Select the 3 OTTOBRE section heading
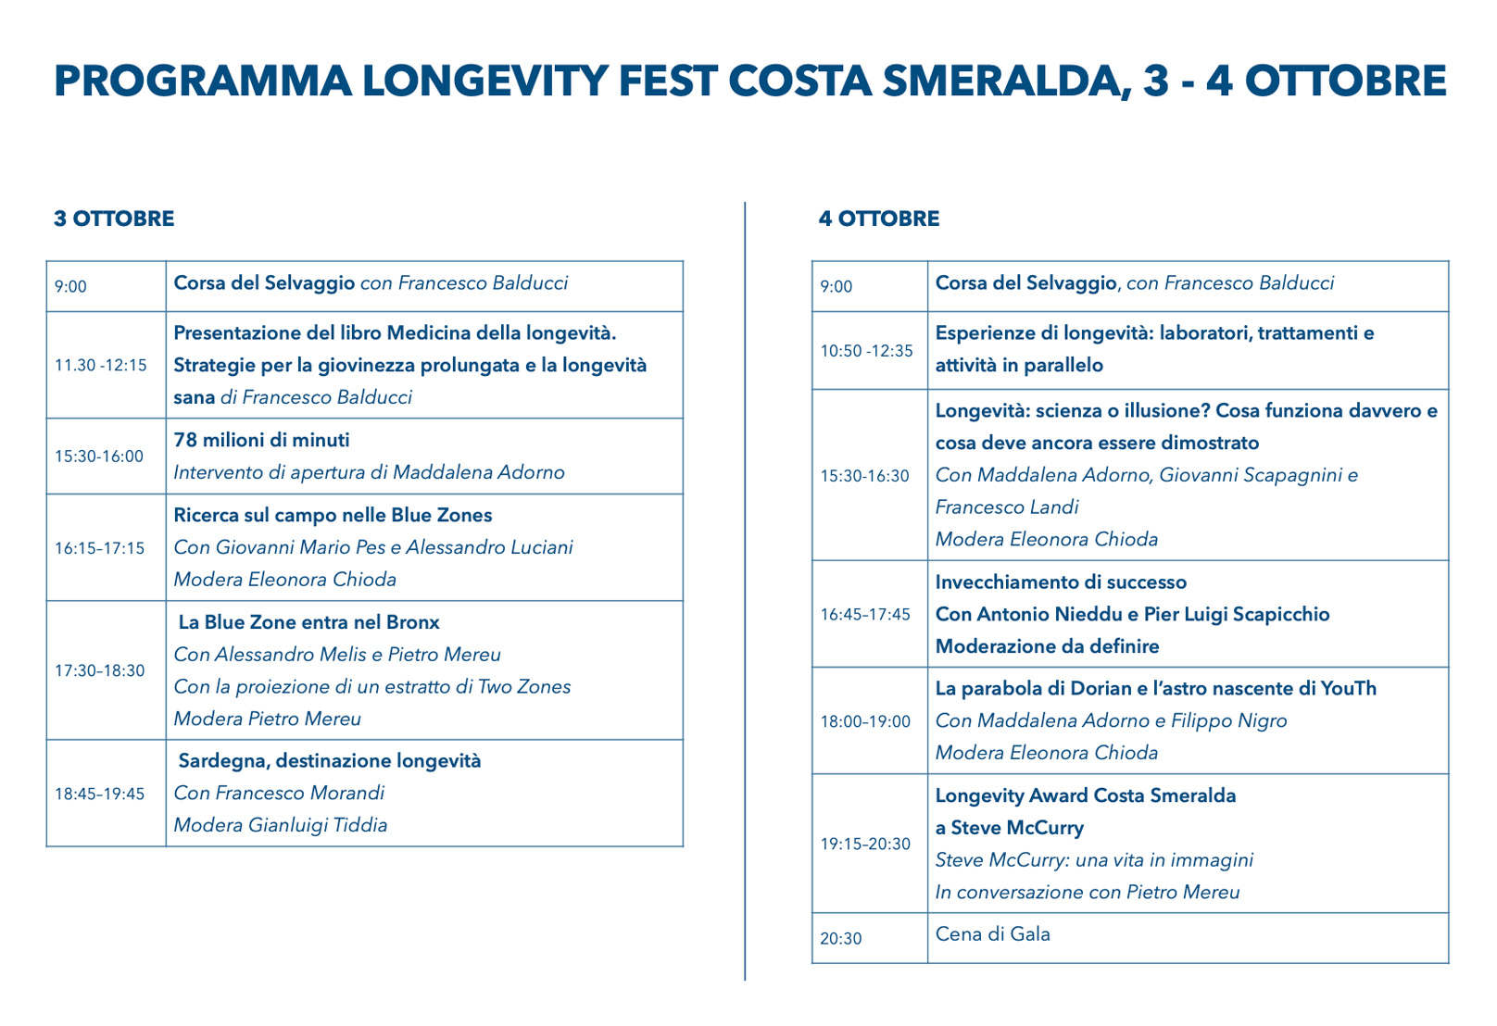[x=114, y=219]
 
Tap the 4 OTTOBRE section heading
[x=879, y=219]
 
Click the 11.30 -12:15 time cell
[x=100, y=365]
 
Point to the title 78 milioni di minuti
[x=261, y=440]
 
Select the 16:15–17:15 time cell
[x=99, y=548]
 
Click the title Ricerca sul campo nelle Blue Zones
[x=333, y=515]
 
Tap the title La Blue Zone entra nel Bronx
[x=308, y=622]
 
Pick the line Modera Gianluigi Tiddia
[x=281, y=825]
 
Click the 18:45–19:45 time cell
[x=99, y=794]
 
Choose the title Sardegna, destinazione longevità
[x=330, y=761]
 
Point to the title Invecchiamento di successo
[x=1061, y=582]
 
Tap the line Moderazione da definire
[x=1047, y=646]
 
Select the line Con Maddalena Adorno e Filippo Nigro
[x=1111, y=720]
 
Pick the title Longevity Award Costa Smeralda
[x=1086, y=795]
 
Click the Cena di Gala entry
[x=992, y=933]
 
